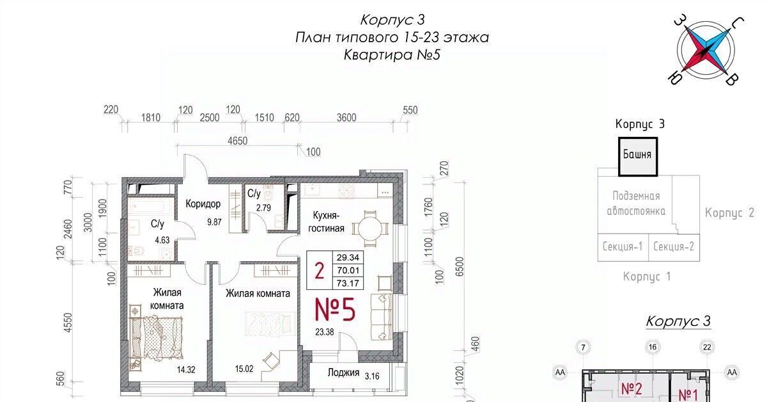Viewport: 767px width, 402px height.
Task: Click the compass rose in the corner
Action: point(706,51)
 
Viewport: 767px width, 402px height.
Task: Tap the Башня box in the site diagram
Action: point(638,156)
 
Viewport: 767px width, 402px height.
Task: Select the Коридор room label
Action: point(203,204)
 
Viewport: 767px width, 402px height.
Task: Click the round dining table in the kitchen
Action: point(370,228)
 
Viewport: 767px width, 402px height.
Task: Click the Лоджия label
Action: point(343,373)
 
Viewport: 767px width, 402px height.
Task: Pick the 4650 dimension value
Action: point(237,141)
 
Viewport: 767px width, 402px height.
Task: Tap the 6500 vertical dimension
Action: point(459,266)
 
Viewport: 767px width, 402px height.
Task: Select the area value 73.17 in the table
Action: point(348,283)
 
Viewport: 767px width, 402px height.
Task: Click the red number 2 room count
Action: point(319,270)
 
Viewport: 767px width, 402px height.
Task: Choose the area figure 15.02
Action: point(244,369)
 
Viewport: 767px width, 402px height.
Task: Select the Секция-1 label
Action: point(623,246)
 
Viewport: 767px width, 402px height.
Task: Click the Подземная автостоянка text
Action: point(636,204)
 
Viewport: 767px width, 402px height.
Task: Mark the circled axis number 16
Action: point(653,347)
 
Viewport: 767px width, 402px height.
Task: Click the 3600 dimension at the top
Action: point(346,118)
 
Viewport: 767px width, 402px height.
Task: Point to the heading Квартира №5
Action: point(392,55)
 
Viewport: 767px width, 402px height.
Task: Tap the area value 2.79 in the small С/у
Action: point(263,207)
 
